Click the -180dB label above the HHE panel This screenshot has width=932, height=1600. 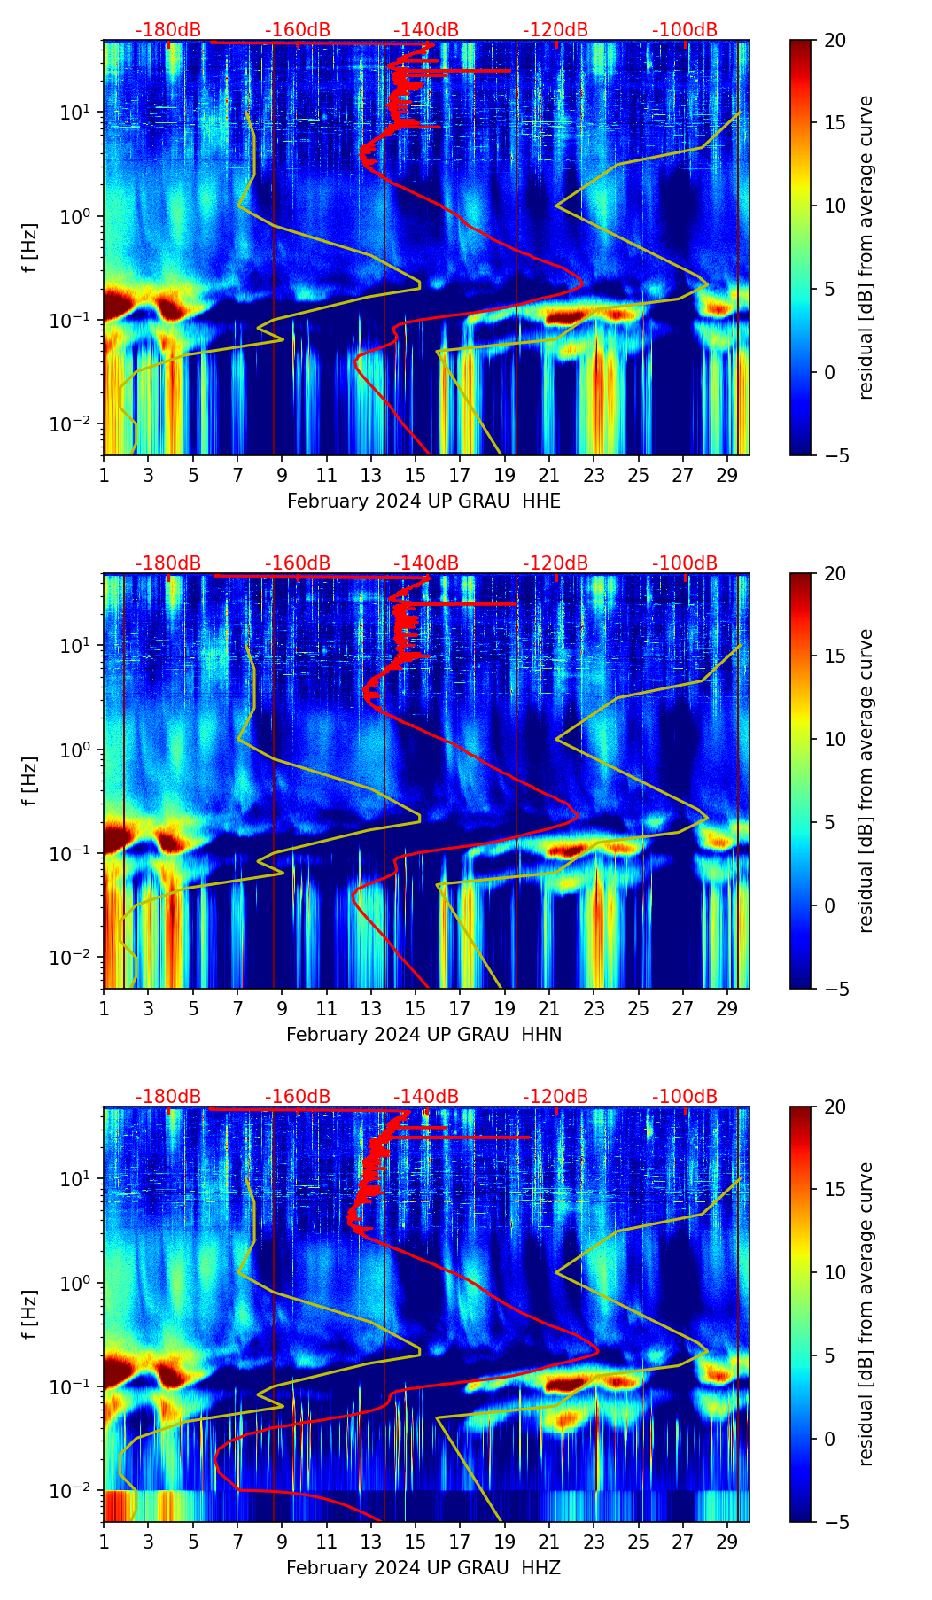(x=168, y=30)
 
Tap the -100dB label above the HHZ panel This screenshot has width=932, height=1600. (x=685, y=1097)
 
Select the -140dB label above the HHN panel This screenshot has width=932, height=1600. (x=426, y=563)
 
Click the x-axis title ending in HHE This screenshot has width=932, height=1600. (x=423, y=501)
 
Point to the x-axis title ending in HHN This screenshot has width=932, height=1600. (x=423, y=1035)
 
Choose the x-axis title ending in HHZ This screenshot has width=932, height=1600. (x=423, y=1568)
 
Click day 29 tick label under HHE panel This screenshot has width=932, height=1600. (x=727, y=476)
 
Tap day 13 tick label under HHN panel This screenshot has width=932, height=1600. (x=371, y=1009)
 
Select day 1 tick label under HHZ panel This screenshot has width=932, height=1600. (x=104, y=1542)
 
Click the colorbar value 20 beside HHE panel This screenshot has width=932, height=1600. (x=835, y=40)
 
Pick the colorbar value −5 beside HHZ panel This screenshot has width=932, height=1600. (x=835, y=1522)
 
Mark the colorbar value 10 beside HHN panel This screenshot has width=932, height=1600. (x=835, y=740)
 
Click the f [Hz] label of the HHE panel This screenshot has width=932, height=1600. (x=30, y=248)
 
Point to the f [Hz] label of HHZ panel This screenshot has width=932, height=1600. (x=30, y=1315)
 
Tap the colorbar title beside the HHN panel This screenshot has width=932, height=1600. (x=866, y=781)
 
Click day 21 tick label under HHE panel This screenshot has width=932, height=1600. (x=549, y=476)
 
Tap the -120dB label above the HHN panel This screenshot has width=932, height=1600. (x=555, y=563)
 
